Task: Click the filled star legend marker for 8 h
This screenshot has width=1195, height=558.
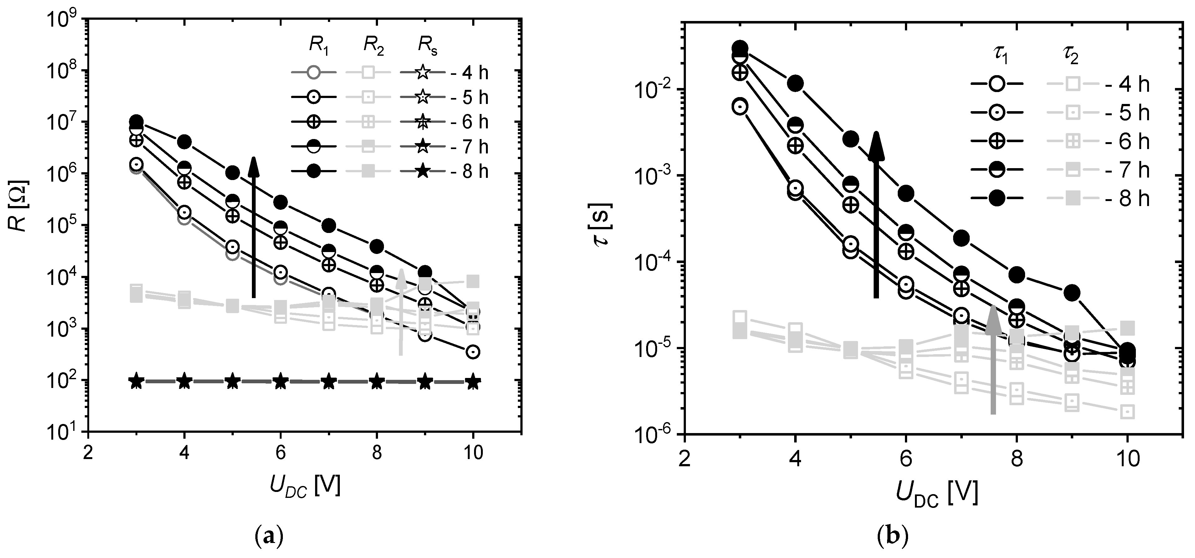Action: pos(422,172)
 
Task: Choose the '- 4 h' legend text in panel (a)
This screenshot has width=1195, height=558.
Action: pos(469,73)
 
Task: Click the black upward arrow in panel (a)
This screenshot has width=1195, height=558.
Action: pos(253,227)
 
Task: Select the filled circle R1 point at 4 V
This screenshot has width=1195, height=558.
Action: pos(185,142)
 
